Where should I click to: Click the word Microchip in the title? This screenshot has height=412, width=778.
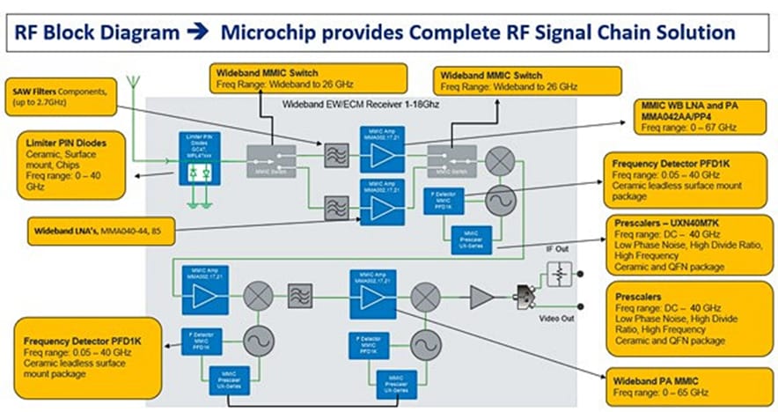(268, 33)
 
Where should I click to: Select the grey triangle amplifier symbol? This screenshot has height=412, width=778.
(481, 297)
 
